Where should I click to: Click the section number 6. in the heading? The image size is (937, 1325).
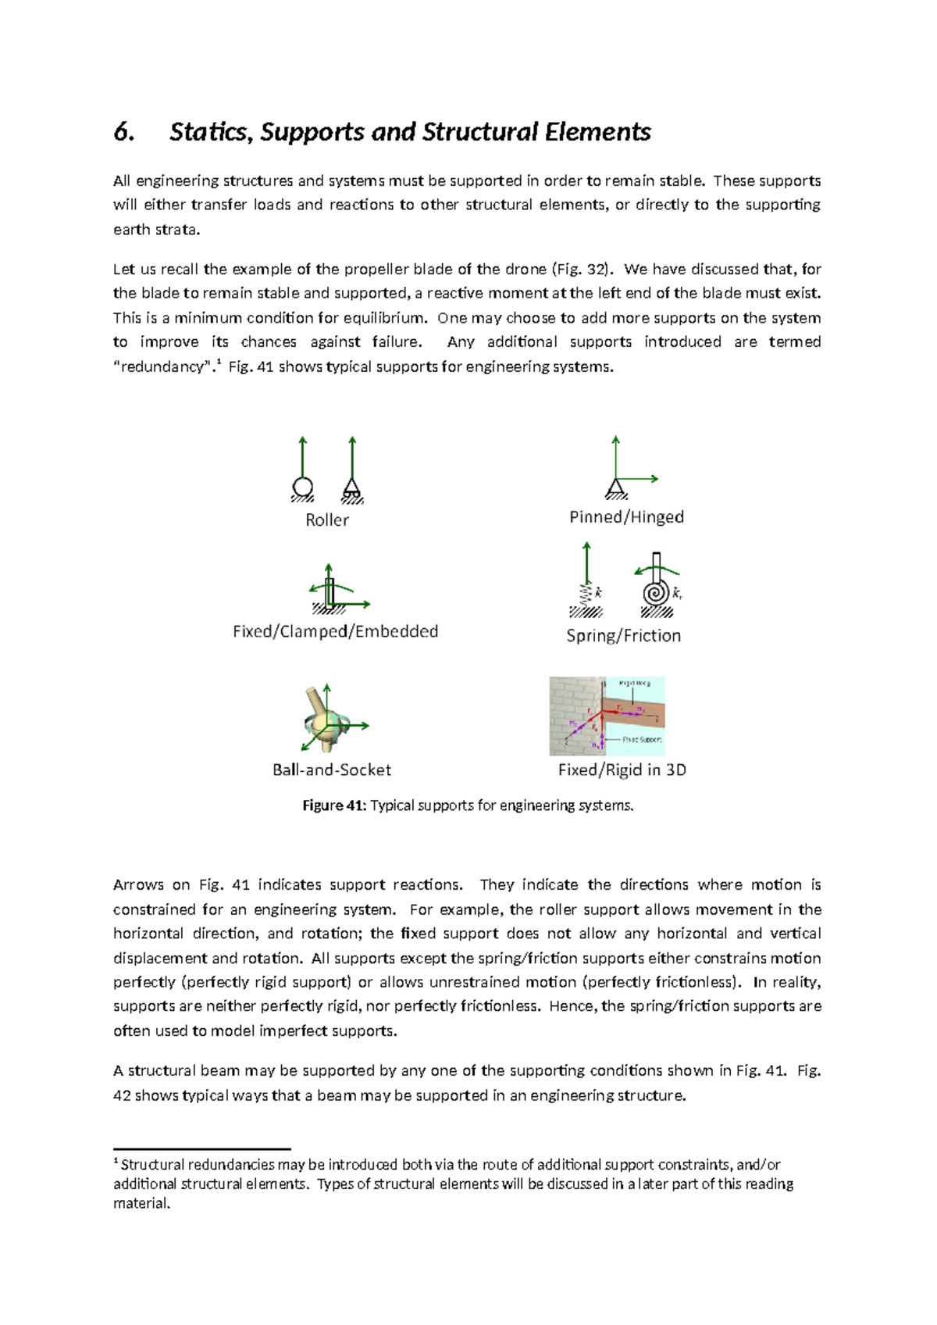[123, 132]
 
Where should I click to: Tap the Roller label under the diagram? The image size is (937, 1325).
[326, 520]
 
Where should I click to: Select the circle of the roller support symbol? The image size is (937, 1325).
[302, 487]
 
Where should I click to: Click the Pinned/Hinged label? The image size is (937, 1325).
[626, 517]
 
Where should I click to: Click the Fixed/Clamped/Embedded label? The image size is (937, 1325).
[335, 631]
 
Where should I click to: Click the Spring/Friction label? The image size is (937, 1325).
[623, 636]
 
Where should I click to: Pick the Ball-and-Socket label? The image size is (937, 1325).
[332, 770]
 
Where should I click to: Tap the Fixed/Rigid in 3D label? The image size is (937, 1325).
[622, 770]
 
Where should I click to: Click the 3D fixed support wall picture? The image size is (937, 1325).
[607, 716]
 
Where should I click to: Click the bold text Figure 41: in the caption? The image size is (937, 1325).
[334, 805]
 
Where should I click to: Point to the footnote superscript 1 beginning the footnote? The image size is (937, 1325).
[116, 1162]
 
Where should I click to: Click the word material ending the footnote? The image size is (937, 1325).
[141, 1204]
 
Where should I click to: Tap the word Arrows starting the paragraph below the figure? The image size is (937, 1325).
[137, 885]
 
